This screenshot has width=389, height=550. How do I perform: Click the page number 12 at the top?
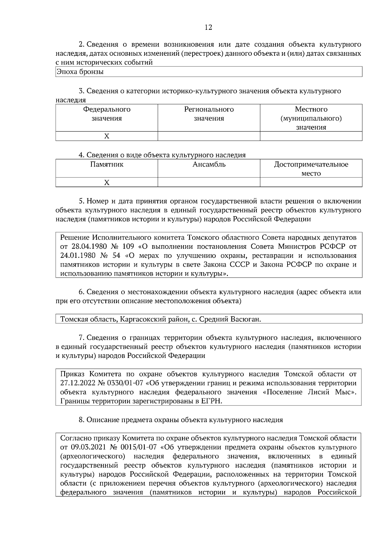[x=208, y=28]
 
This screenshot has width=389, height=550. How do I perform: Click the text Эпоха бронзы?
[x=80, y=72]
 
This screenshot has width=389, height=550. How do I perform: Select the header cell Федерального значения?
[x=107, y=114]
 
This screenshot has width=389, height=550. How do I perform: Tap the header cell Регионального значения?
[x=209, y=114]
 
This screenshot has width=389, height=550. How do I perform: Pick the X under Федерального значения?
[x=107, y=136]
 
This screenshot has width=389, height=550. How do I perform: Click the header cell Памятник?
[x=107, y=165]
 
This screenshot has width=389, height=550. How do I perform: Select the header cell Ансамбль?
[x=209, y=165]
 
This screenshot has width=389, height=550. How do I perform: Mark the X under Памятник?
[x=107, y=183]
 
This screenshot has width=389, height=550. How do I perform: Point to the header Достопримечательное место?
[x=311, y=169]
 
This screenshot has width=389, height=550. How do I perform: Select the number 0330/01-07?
[x=125, y=383]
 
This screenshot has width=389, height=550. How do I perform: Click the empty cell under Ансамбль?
[x=209, y=182]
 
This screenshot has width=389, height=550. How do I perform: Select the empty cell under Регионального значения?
[x=209, y=136]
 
